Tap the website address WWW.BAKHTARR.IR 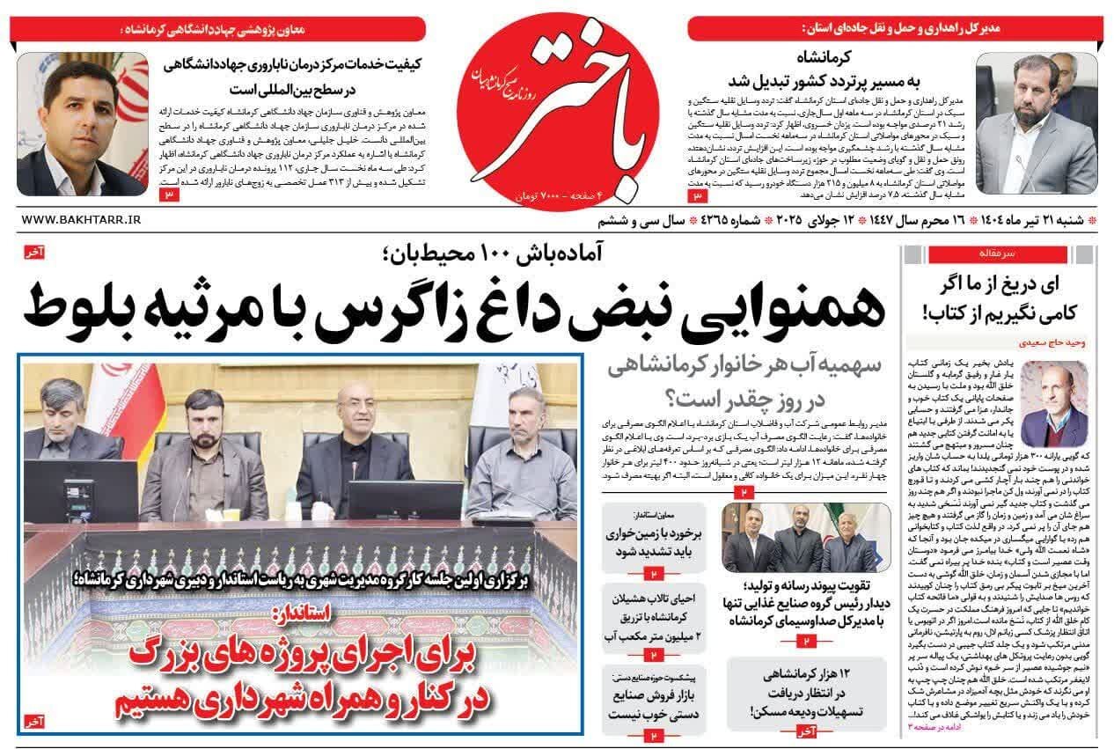[x=78, y=219]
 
